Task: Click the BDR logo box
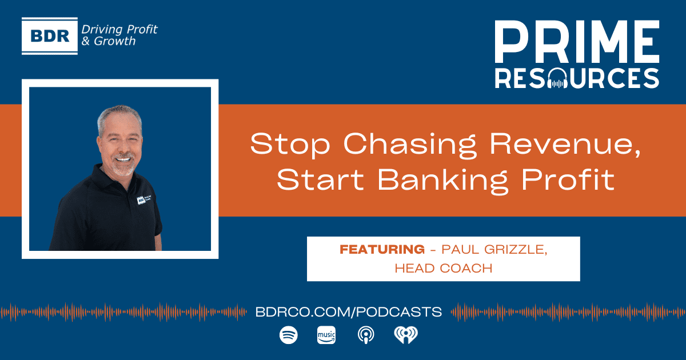[x=50, y=36]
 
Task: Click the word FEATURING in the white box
[x=382, y=249]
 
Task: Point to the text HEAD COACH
[x=443, y=268]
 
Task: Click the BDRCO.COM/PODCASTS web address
[x=349, y=312]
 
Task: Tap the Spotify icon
[x=289, y=335]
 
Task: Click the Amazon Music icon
[x=326, y=335]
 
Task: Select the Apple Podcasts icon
[x=365, y=335]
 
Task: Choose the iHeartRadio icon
[x=406, y=335]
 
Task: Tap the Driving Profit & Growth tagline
[x=119, y=35]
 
